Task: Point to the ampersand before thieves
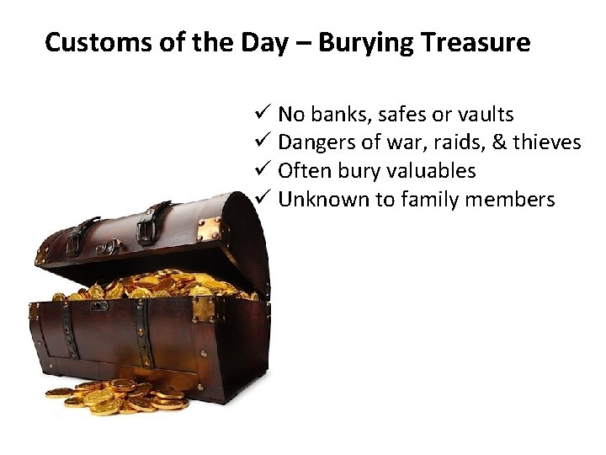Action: [x=499, y=143]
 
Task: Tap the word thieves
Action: [x=547, y=143]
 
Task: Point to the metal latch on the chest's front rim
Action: [x=203, y=308]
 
